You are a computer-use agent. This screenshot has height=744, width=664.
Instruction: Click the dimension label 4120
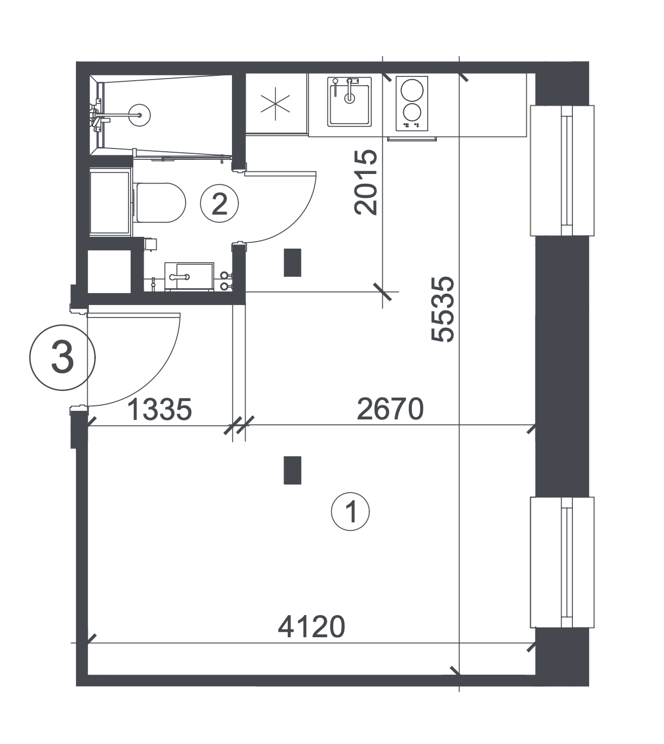[311, 626]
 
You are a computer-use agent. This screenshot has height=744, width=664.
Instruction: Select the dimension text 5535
[443, 309]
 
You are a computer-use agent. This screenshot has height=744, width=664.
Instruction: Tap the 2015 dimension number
[366, 182]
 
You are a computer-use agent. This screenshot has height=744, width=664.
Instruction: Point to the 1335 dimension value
[159, 409]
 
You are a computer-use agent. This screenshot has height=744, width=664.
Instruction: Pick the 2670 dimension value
[390, 409]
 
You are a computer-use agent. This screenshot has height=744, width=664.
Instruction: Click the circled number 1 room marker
[350, 512]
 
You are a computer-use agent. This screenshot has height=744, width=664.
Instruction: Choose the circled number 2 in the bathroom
[220, 203]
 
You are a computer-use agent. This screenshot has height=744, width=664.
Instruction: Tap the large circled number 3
[62, 358]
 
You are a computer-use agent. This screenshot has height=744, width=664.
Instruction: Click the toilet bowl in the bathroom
[161, 203]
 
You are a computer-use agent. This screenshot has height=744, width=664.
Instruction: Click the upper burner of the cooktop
[412, 90]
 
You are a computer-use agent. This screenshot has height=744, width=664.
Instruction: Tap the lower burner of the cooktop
[412, 112]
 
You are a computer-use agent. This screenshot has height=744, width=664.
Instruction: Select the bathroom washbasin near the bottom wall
[189, 276]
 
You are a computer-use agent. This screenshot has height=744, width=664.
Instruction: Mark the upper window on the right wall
[562, 170]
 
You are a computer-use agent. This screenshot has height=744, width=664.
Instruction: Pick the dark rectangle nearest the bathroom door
[293, 263]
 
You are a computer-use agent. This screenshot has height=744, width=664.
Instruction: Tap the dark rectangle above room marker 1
[293, 470]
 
